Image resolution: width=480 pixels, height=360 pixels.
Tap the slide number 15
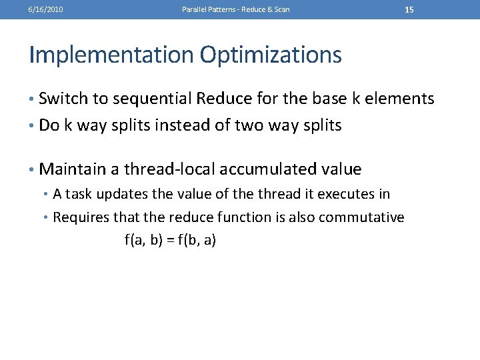click(409, 9)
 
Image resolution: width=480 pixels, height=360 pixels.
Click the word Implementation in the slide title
click(110, 55)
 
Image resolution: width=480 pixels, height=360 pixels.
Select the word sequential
click(152, 99)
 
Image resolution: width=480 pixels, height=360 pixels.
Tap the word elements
click(400, 99)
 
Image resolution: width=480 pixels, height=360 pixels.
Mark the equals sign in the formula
click(169, 240)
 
